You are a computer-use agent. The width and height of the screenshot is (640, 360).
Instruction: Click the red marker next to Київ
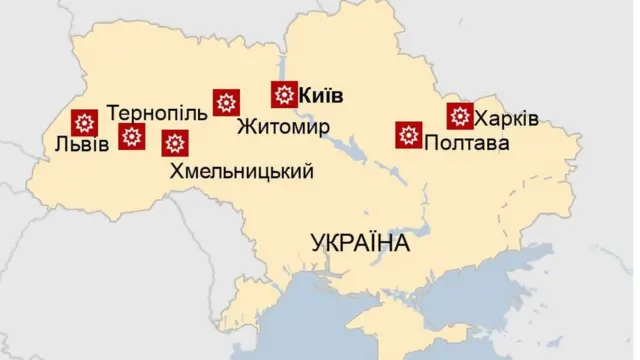[284, 95]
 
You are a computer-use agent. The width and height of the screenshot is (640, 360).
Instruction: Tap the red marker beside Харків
[460, 116]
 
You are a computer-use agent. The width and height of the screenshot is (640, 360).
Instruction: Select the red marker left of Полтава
[408, 135]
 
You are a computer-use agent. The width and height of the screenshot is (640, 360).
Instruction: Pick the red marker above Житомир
[226, 102]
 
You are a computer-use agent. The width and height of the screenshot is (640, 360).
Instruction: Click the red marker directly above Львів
[85, 123]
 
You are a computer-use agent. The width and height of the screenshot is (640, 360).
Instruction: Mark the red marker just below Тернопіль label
[131, 137]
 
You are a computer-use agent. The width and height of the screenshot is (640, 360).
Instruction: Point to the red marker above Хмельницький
[175, 143]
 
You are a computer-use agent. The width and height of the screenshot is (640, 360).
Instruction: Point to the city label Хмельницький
[242, 171]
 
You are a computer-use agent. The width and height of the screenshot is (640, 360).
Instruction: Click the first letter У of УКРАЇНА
[319, 243]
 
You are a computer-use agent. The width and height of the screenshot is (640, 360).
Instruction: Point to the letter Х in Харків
[481, 119]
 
